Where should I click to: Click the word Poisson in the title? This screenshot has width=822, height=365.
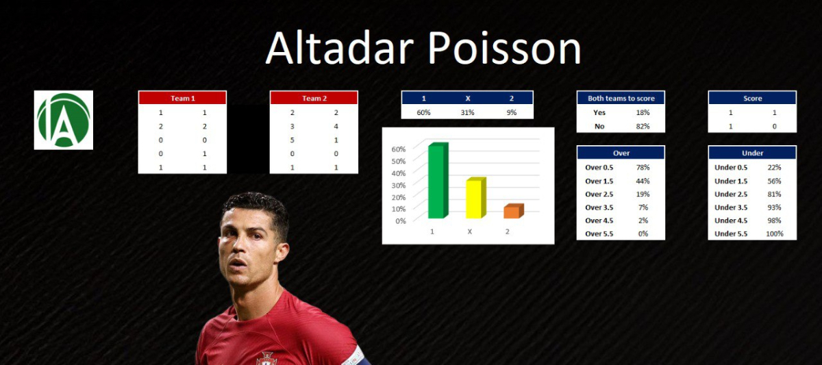point(505,48)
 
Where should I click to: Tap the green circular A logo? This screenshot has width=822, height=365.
point(64,120)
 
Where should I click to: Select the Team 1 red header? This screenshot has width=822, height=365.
point(182,98)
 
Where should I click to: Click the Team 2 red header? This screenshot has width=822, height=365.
point(314,98)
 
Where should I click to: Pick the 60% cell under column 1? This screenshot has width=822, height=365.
point(423,112)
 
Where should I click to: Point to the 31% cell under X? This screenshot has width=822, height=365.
point(467,112)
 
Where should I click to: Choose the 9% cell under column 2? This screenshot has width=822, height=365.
point(512,112)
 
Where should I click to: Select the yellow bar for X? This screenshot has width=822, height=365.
point(476,198)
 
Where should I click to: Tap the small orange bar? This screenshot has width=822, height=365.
point(514,211)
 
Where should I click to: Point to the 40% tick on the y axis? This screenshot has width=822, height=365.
point(399,173)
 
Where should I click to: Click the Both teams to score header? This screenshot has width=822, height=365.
point(621,98)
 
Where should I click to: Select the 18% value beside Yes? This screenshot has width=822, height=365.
point(643,112)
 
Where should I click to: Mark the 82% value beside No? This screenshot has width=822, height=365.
point(643,126)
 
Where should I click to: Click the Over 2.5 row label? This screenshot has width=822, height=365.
point(599,194)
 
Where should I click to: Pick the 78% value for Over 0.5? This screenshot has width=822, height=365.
point(643,167)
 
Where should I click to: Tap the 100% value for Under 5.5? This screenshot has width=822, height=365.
point(774,234)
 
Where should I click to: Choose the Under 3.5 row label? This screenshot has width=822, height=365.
point(731,207)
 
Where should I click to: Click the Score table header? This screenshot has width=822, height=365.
point(752,98)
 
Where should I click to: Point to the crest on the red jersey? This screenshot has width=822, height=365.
point(266,358)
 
